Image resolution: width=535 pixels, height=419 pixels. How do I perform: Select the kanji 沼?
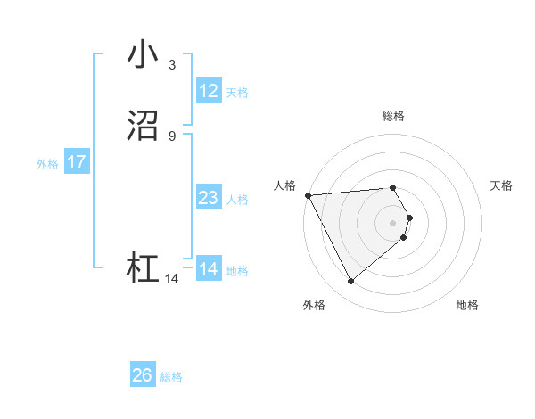click(143, 127)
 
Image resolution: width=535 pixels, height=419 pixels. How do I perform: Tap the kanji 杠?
click(143, 268)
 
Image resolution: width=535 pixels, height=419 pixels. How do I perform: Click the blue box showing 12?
click(209, 91)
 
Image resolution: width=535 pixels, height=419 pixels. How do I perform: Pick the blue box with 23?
click(209, 198)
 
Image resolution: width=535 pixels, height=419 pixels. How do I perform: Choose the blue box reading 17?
click(77, 162)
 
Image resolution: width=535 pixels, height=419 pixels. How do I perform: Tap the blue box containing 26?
click(143, 375)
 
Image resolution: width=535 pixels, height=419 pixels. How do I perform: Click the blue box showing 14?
click(209, 269)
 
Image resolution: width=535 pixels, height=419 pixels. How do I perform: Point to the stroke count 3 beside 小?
click(171, 65)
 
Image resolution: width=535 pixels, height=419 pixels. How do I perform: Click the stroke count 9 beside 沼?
click(171, 136)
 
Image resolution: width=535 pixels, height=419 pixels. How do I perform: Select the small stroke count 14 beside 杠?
click(171, 279)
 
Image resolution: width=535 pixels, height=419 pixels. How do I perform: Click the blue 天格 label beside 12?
click(237, 93)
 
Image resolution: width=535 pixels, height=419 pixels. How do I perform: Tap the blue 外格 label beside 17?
click(47, 164)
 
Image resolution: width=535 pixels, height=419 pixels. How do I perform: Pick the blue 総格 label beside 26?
click(171, 377)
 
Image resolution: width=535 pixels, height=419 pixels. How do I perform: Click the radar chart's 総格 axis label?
click(392, 116)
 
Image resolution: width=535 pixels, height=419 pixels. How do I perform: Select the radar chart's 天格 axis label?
click(501, 185)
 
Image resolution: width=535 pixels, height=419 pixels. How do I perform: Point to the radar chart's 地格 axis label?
click(467, 306)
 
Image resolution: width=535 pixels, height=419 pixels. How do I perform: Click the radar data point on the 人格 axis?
click(307, 195)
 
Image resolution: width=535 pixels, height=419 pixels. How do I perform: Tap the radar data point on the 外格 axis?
click(350, 282)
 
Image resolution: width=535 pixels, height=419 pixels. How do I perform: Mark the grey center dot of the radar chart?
click(392, 222)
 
